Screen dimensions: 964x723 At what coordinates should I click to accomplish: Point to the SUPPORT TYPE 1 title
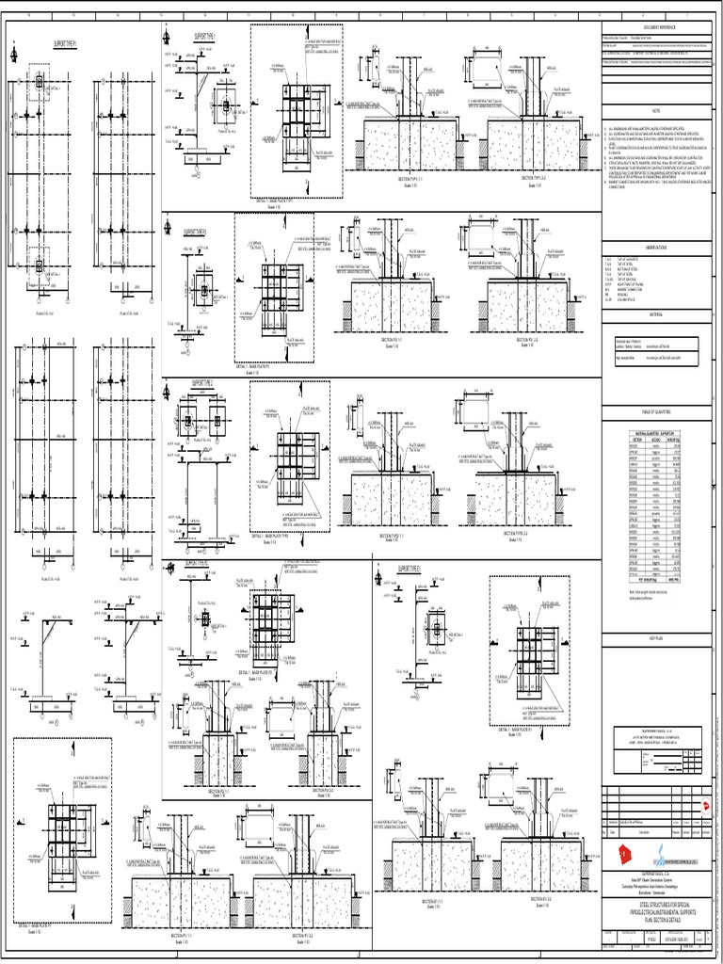click(205, 35)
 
